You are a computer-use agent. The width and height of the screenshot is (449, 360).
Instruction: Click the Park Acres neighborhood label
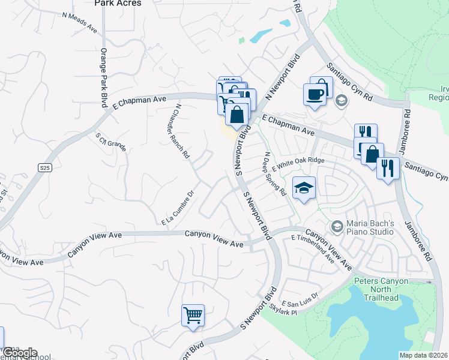click(x=118, y=4)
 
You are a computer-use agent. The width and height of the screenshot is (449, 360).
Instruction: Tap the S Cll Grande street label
click(x=111, y=142)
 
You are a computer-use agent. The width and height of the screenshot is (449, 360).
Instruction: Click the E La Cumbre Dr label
click(x=179, y=209)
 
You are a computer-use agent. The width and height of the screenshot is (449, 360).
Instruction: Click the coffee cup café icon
click(x=315, y=94)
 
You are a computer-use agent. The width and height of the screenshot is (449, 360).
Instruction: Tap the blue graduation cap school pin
click(x=303, y=188)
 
